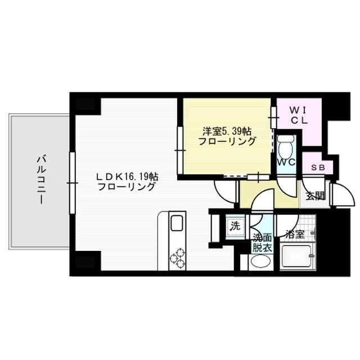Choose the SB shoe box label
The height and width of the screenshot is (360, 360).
coord(317,168)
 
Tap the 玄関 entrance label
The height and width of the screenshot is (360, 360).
coord(314,196)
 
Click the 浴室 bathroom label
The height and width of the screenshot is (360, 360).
coord(294,234)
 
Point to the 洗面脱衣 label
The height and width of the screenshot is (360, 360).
coord(261,241)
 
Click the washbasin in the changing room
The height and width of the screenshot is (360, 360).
coord(260,262)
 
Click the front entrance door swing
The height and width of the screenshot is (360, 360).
coord(340,195)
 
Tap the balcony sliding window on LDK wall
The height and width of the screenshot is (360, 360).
coord(72,183)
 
